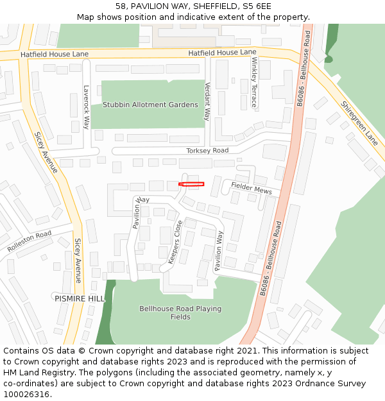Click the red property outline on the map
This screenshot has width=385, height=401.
191,184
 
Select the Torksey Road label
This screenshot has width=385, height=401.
207,151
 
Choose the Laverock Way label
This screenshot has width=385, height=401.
86,108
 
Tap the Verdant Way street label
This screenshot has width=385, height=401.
207,101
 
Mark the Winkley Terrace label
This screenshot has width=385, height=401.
254,82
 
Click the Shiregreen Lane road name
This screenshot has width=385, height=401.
359,123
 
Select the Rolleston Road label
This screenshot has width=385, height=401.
29,241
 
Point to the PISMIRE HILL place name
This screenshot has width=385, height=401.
79,299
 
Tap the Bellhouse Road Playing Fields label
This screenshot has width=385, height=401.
180,312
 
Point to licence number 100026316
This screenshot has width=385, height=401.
28,395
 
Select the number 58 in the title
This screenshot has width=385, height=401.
121,6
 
